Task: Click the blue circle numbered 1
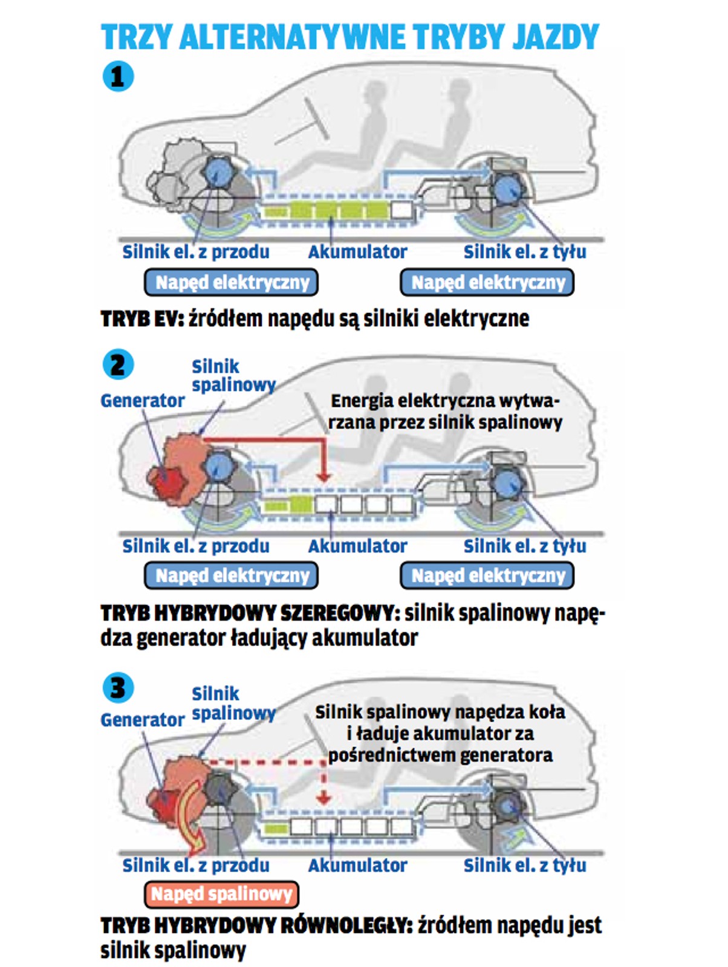[x=118, y=76]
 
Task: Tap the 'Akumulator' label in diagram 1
[x=357, y=252]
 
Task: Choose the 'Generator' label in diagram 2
[x=142, y=401]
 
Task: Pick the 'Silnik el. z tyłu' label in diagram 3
[x=525, y=865]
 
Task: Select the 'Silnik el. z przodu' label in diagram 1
[x=196, y=252]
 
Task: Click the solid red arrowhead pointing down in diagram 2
[x=324, y=476]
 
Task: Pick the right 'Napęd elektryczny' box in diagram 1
[x=487, y=282]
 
